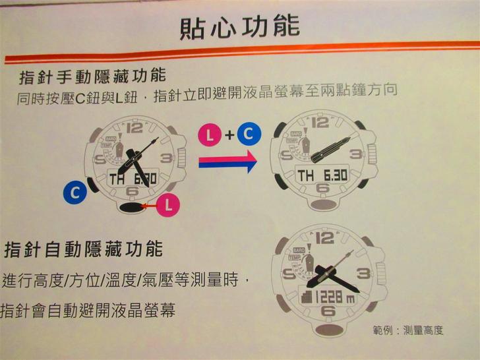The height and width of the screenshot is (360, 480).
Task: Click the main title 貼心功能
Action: pos(239,28)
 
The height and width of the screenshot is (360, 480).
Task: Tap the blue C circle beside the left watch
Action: pos(75,193)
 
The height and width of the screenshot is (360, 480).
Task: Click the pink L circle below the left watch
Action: pos(168,205)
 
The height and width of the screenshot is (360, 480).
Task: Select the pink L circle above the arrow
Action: pos(210,135)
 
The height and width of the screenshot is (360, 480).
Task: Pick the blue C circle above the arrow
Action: pos(249,133)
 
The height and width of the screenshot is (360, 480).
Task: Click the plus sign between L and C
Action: pos(229,135)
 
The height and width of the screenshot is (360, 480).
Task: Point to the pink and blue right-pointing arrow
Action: pos(227,162)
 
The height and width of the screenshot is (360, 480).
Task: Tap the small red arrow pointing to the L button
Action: pos(150,206)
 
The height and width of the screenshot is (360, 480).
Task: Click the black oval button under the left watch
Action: pos(132,208)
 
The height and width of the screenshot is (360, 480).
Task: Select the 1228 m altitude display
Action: pos(328,297)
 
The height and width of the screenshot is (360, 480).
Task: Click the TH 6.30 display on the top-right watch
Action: pos(322,175)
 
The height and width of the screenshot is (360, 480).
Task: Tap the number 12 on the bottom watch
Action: pos(324,238)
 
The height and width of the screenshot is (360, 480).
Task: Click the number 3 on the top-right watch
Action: pos(356,154)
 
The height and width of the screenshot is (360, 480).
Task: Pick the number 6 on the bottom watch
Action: pos(328,311)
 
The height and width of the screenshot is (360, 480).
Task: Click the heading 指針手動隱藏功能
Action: pos(92,76)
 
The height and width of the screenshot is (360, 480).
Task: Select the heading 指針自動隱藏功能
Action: pos(83,249)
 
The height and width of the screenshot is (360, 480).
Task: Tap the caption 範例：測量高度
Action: pos(408,330)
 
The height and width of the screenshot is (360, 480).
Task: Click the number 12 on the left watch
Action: pos(135,129)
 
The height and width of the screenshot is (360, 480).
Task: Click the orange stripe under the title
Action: pos(242,51)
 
